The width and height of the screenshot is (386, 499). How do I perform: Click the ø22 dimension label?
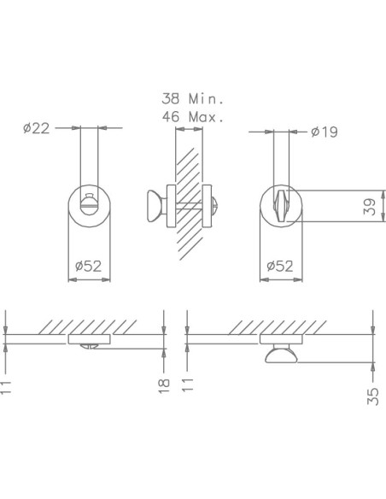point(37,128)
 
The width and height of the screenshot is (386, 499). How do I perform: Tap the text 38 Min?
point(193,98)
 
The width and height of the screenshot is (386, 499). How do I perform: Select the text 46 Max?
point(193,117)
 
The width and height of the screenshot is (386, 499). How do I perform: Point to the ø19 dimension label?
point(325,132)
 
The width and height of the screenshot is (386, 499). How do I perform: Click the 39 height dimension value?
point(370,207)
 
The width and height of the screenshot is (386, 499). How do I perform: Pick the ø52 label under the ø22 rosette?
point(89,266)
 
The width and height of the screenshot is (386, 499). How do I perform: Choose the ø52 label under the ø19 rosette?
point(280,266)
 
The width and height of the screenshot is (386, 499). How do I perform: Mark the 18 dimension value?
point(164,386)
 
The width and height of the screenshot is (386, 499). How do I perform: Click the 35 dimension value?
point(372,396)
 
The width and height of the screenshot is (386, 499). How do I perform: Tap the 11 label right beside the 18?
point(188,385)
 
